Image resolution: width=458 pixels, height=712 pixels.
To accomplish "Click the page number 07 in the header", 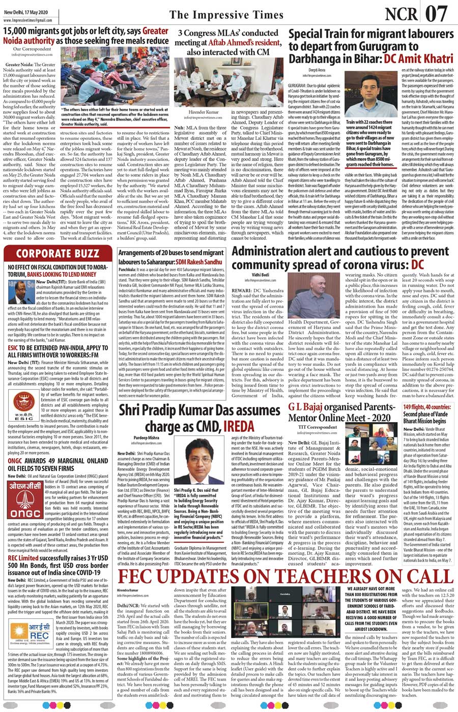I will pos(436,14).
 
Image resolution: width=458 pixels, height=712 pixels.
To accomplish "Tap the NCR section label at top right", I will pos(402,14).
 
